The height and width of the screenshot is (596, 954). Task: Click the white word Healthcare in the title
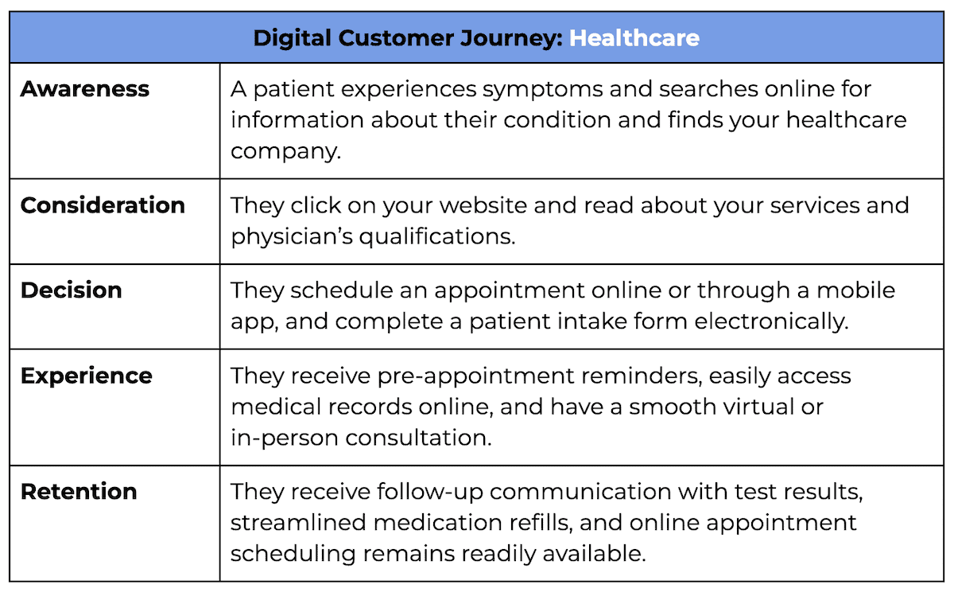coord(634,37)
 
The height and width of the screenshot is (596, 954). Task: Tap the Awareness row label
coord(85,89)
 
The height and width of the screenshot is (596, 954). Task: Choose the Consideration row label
coord(103,205)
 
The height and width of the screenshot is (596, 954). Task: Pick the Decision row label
coord(72,290)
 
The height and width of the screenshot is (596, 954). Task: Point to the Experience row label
coord(87,376)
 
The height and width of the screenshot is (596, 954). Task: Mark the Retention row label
coord(79,492)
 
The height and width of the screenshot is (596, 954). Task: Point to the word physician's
coord(282,236)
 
